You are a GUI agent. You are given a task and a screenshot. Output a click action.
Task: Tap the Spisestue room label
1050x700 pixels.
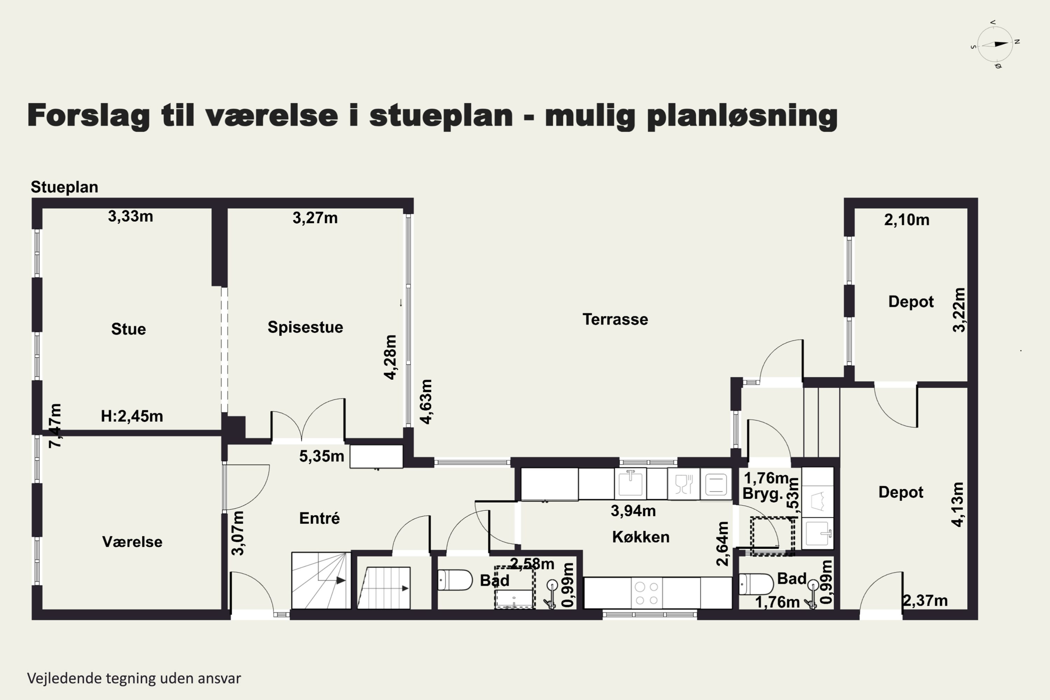click(x=305, y=327)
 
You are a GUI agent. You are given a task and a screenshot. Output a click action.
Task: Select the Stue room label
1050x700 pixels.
click(x=128, y=329)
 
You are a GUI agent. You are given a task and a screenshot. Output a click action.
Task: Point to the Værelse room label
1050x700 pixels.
click(x=132, y=541)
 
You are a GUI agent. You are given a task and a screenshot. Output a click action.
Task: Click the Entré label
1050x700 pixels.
click(x=319, y=518)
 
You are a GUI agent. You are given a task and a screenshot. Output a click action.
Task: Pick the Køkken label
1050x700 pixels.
click(x=640, y=537)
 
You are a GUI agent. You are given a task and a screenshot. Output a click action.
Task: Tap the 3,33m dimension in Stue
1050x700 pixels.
click(x=130, y=217)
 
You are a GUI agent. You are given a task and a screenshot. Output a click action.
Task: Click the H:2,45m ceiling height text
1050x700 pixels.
click(x=132, y=416)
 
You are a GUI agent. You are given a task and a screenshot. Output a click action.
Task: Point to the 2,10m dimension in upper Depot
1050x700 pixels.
click(x=907, y=220)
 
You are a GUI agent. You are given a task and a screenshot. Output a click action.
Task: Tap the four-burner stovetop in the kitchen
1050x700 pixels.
click(x=646, y=593)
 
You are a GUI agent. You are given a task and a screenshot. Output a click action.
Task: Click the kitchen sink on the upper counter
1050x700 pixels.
click(x=630, y=483)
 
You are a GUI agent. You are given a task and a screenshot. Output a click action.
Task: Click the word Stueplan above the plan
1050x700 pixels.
click(x=64, y=187)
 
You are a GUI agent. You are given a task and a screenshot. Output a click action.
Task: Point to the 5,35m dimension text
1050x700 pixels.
click(x=321, y=456)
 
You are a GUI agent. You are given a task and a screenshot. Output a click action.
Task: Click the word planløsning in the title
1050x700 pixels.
click(x=742, y=116)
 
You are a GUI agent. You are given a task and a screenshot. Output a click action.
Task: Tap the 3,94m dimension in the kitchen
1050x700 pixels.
click(x=633, y=511)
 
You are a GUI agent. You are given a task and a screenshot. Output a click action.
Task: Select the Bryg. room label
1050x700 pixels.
click(x=763, y=494)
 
